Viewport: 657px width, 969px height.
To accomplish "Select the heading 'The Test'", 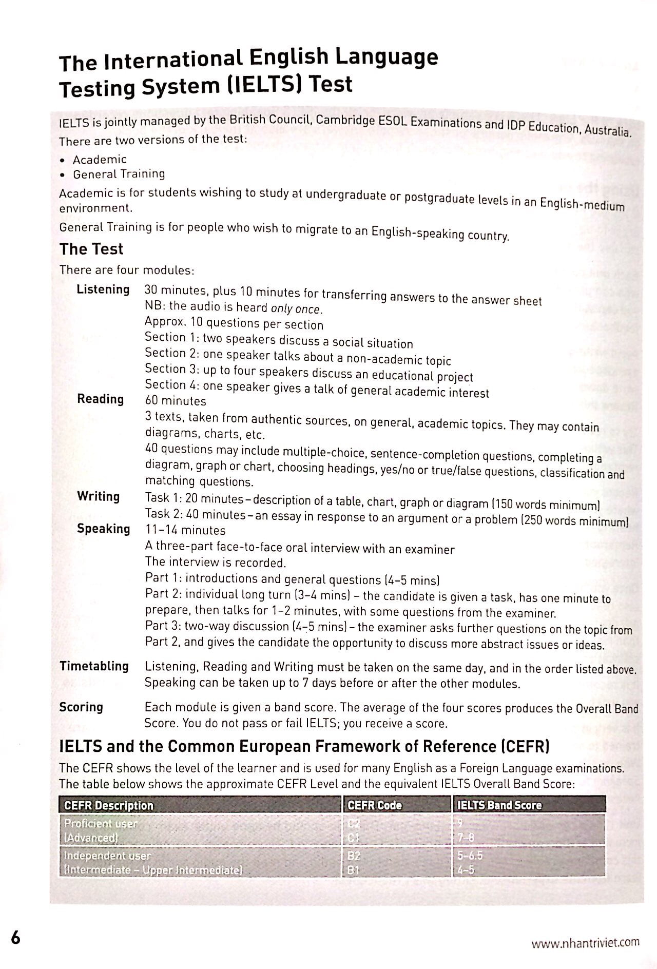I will [91, 249].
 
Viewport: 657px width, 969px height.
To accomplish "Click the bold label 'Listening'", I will [103, 289].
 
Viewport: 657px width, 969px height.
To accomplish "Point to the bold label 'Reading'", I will [100, 399].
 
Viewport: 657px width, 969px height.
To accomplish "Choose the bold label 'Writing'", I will [98, 496].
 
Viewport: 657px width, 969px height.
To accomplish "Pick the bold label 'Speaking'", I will [103, 529].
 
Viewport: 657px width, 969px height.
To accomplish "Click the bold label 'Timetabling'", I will [94, 666].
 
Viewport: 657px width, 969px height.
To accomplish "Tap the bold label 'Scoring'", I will [81, 707].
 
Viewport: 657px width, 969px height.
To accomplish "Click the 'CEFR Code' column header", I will [375, 805].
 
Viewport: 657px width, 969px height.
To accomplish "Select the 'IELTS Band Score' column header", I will [499, 805].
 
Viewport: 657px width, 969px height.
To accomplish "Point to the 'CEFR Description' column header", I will [108, 805].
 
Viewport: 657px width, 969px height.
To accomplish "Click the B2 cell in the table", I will [354, 856].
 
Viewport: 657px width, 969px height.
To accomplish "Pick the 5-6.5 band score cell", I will [470, 856].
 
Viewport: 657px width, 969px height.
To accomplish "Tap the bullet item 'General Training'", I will [119, 174].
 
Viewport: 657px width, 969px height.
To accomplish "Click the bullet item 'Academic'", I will [99, 160].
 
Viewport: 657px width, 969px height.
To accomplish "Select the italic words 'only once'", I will [296, 309].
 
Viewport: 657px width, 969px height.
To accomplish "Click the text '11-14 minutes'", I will [185, 530].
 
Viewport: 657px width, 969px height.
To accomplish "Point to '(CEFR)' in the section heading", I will [524, 746].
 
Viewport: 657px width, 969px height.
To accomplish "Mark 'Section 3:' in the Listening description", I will [165, 369].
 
